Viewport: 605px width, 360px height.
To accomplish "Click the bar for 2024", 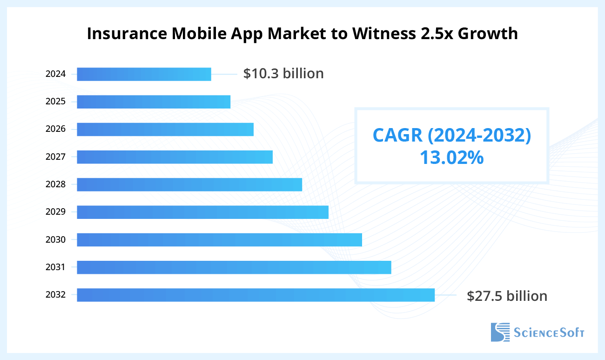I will [x=144, y=74].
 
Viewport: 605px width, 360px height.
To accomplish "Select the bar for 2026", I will [x=165, y=129].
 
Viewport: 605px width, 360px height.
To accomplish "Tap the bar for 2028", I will [x=189, y=184].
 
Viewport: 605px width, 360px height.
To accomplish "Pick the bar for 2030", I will [x=219, y=240].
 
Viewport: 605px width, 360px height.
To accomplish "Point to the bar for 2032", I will [x=255, y=295].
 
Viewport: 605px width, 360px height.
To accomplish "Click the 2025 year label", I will [x=55, y=102].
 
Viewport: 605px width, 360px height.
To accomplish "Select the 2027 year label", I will [x=55, y=156].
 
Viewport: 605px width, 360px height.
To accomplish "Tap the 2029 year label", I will [x=55, y=212].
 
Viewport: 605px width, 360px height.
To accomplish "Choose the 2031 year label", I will [x=55, y=267].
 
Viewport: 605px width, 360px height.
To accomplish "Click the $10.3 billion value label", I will [x=283, y=74].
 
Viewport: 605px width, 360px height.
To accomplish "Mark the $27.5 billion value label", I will [x=507, y=296].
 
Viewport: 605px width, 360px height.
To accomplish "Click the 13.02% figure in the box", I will [x=451, y=158].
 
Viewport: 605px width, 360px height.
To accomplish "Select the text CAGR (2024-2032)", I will [x=451, y=135].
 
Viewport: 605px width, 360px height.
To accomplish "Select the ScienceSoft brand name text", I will [x=549, y=333].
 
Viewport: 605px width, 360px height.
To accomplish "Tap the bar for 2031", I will [x=234, y=267].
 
